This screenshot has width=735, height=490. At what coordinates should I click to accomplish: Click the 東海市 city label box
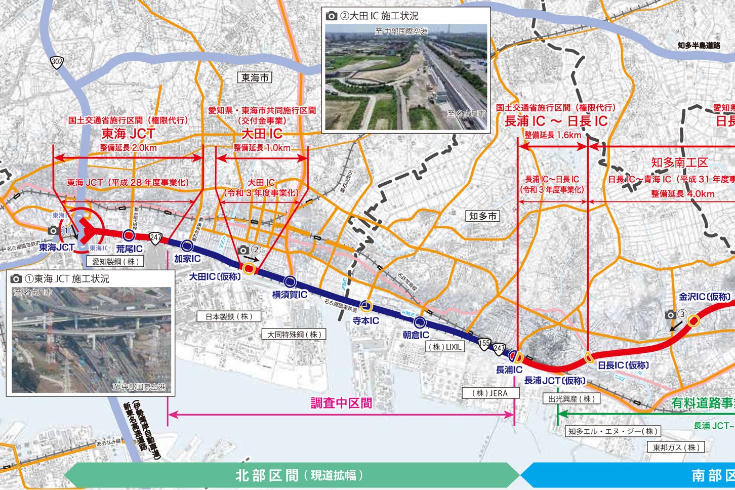pos(255,77)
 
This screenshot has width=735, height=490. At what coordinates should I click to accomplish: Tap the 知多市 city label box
pos(483,216)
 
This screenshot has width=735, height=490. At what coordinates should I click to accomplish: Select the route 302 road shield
pos(57,63)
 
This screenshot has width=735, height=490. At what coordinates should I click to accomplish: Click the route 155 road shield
pos(485,343)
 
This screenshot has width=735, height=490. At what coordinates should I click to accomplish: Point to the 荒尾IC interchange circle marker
pos(129,234)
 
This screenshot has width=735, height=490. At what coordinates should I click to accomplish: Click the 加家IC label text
pos(187,259)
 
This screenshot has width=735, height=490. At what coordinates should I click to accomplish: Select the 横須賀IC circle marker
pos(290,281)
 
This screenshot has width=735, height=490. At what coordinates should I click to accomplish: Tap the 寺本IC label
pos(365,320)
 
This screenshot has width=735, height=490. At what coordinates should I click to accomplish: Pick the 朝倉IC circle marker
pos(420,322)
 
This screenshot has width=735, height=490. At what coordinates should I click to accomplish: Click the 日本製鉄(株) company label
pos(228,316)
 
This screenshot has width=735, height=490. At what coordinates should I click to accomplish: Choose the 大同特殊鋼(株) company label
pos(294,334)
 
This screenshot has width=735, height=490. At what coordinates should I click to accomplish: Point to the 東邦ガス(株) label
pos(676,447)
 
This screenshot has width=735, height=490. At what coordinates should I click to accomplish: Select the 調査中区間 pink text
pos(341,403)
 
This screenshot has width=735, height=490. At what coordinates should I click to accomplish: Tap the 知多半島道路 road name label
pos(699,45)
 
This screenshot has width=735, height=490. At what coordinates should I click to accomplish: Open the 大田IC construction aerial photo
pos(406,77)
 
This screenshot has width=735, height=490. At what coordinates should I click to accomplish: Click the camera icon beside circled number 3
pos(671,315)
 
